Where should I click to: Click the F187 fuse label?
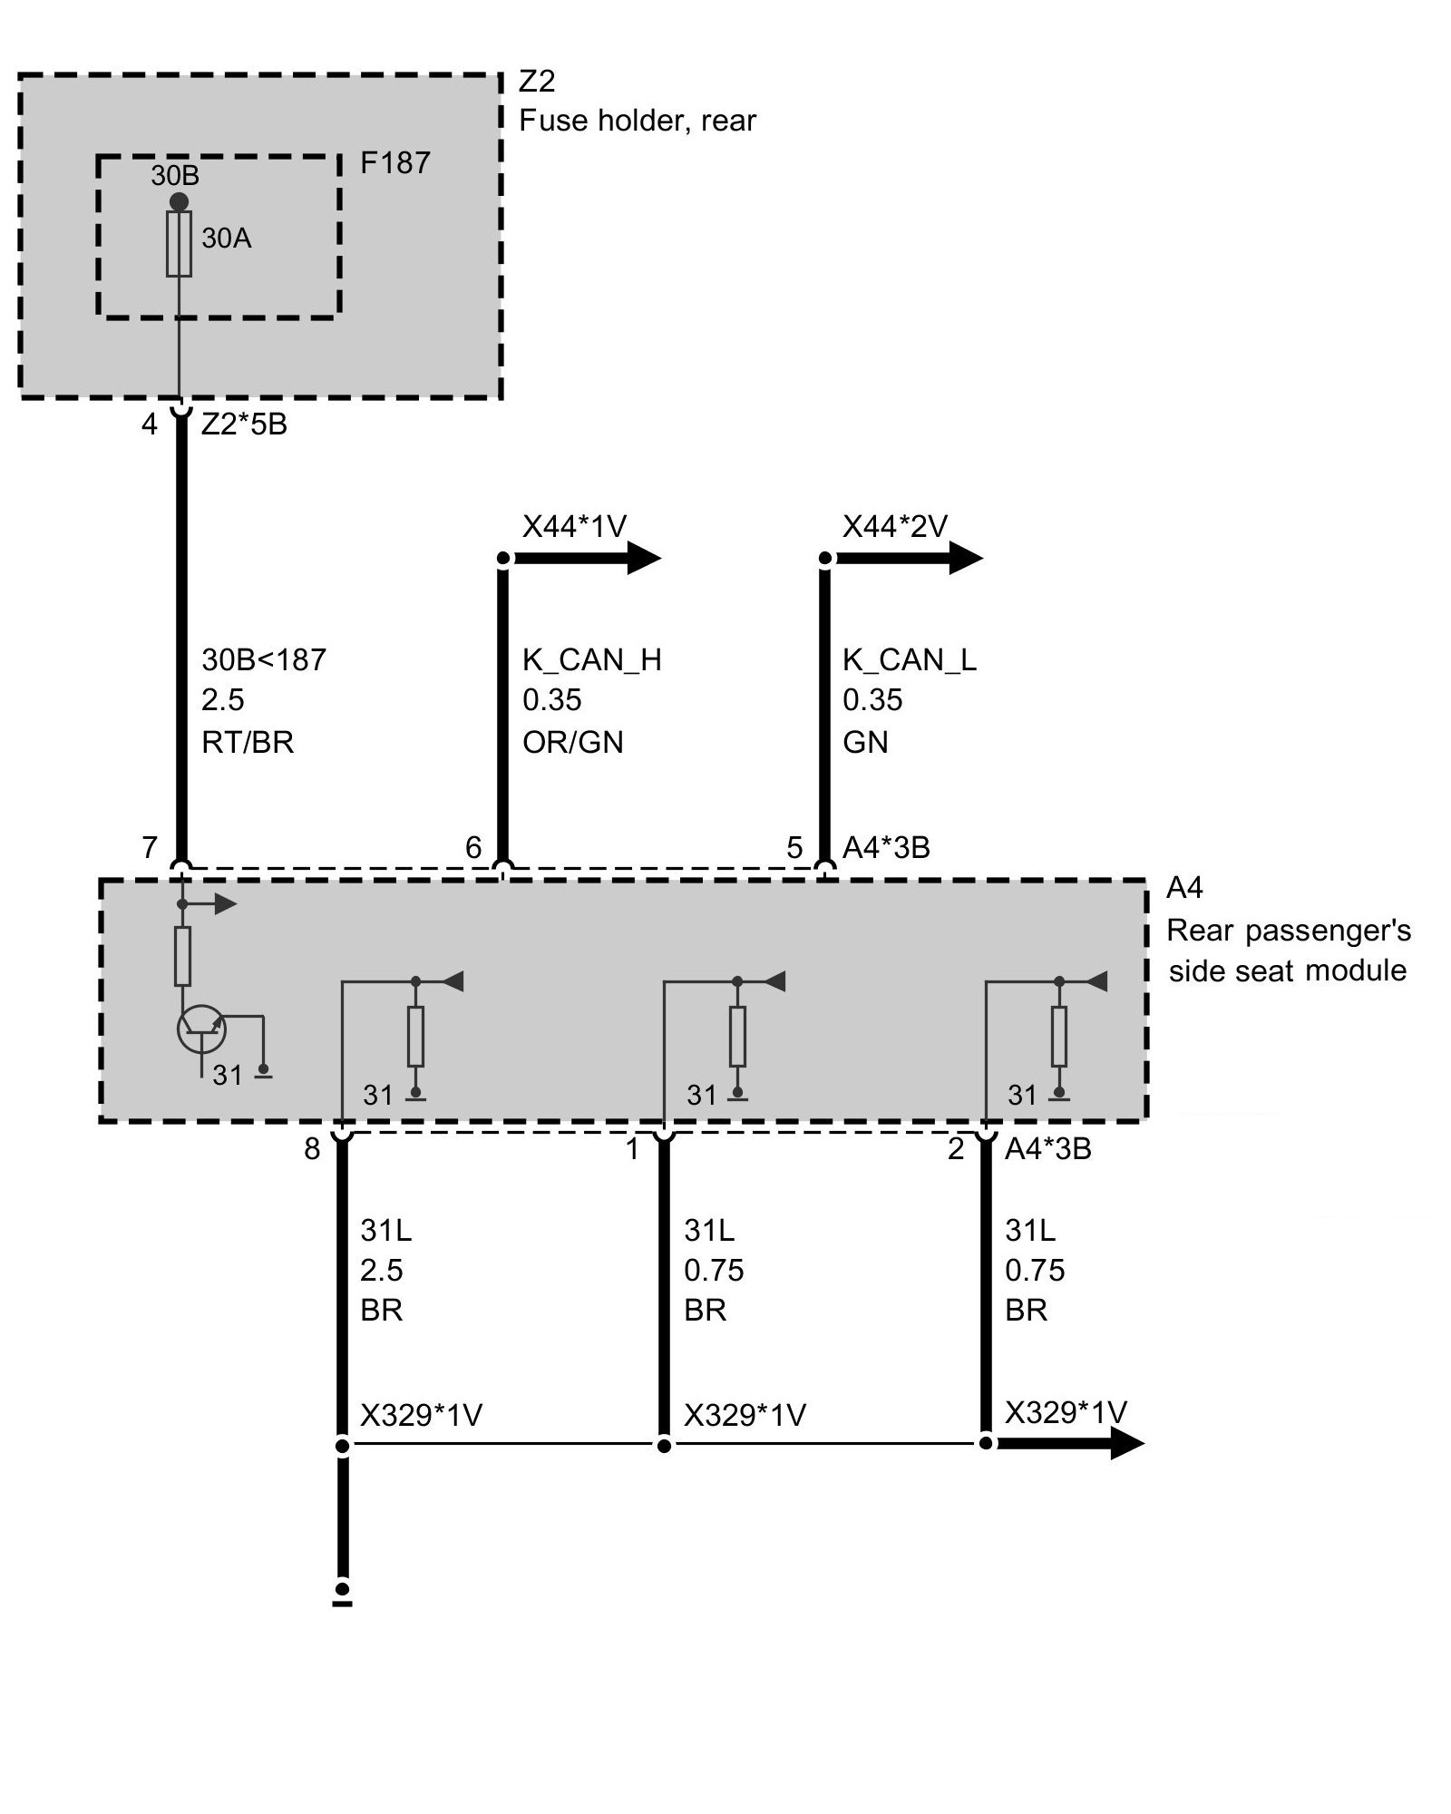(x=394, y=163)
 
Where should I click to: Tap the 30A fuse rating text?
(x=227, y=239)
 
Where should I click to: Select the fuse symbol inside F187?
(x=180, y=244)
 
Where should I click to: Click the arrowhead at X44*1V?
(x=643, y=558)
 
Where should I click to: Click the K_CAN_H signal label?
(x=591, y=659)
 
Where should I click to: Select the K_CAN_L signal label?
(x=909, y=659)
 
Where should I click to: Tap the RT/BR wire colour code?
(x=248, y=743)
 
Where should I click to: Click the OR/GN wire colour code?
(x=572, y=743)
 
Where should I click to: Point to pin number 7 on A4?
(x=150, y=847)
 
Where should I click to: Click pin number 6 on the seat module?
(x=473, y=847)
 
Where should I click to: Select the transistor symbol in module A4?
(x=200, y=1029)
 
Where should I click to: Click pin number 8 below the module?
(x=312, y=1149)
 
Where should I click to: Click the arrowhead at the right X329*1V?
(x=1126, y=1442)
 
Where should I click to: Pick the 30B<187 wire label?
(x=263, y=659)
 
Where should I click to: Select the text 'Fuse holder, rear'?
(x=637, y=121)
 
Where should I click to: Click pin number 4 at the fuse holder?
(x=150, y=424)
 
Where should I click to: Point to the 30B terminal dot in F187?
(x=180, y=200)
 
